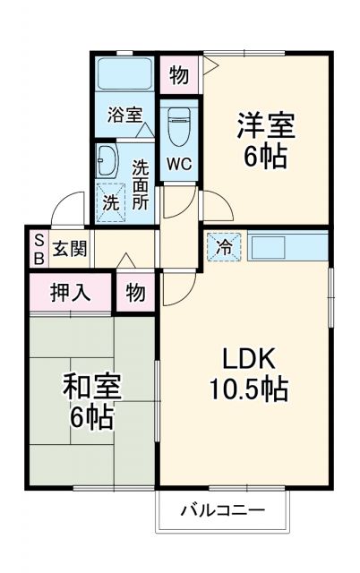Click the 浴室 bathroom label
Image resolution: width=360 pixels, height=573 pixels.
125,115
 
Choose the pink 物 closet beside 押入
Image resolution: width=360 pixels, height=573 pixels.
135,293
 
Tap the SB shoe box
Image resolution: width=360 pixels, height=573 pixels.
39,248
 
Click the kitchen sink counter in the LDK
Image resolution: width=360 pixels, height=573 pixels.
286,247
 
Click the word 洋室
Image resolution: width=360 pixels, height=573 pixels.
265,126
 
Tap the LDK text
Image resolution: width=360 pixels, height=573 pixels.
243,359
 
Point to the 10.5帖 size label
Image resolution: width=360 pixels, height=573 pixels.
243,390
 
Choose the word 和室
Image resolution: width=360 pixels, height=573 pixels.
90,386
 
